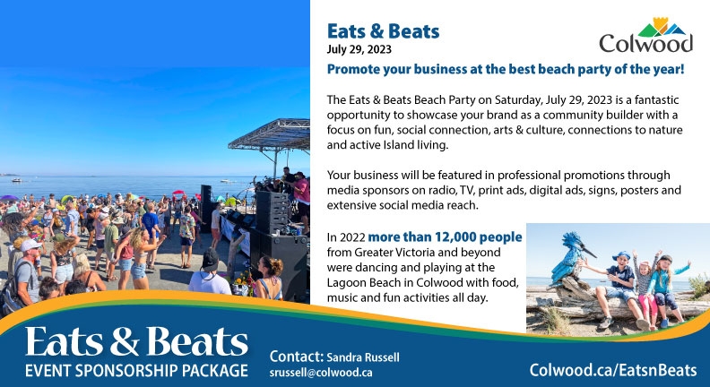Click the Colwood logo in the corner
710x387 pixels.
pyautogui.click(x=645, y=35)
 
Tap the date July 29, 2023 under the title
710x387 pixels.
pyautogui.click(x=359, y=49)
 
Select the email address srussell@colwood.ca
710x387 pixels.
pyautogui.click(x=321, y=373)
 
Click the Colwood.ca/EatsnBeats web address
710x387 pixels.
pyautogui.click(x=613, y=370)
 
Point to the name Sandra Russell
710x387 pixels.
pyautogui.click(x=363, y=357)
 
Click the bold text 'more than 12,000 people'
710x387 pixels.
pyautogui.click(x=445, y=237)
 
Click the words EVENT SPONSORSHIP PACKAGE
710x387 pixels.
pyautogui.click(x=136, y=371)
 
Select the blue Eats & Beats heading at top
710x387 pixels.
pyautogui.click(x=383, y=31)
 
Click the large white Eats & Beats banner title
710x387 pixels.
pyautogui.click(x=136, y=341)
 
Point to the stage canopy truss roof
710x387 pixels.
pyautogui.click(x=271, y=134)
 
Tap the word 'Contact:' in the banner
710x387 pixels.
pyautogui.click(x=296, y=357)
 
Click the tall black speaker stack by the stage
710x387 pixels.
pyautogui.click(x=271, y=212)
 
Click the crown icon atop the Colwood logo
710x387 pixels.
pyautogui.click(x=661, y=24)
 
